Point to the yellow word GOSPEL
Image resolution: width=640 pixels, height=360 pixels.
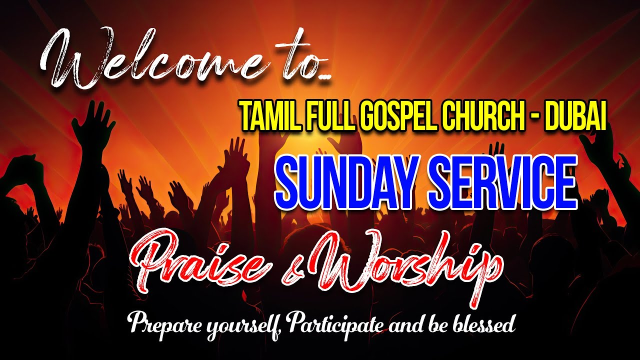[x=394, y=116]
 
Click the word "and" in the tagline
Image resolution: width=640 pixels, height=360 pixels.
[x=408, y=325]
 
